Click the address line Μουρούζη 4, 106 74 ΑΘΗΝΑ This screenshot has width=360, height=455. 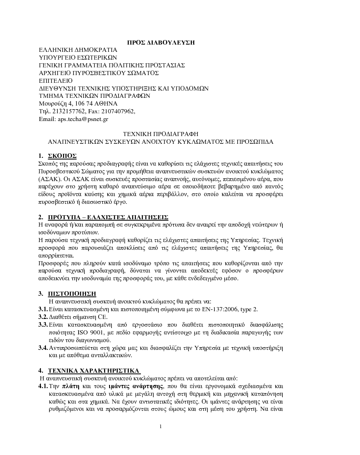[78, 104]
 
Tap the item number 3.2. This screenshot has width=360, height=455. [43, 317]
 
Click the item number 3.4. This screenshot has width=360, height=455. [43, 348]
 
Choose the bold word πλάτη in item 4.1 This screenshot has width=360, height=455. [70, 386]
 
